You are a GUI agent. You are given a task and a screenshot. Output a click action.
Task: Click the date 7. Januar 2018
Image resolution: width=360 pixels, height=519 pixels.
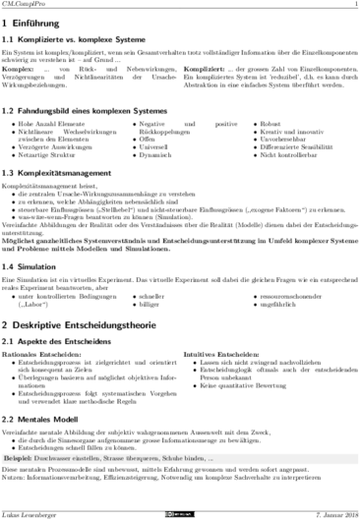click(x=329, y=511)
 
